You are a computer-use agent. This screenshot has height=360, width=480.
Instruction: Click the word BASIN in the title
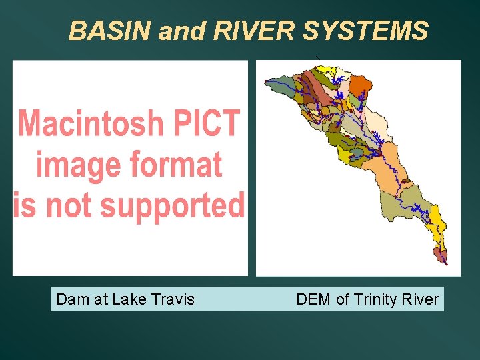[x=111, y=31]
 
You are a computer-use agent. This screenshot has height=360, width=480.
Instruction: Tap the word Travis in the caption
[x=174, y=299]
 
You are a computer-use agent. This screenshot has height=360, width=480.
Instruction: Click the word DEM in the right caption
[x=313, y=299]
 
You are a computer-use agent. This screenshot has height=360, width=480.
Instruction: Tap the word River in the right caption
[x=421, y=299]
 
